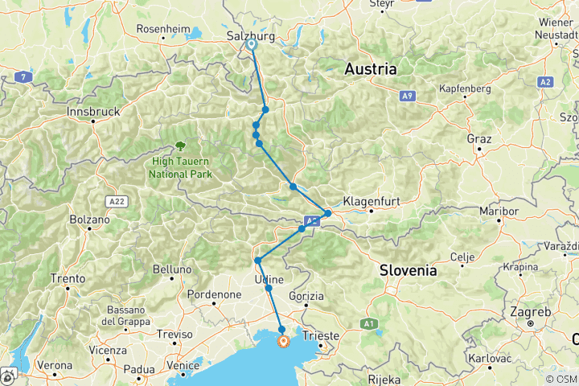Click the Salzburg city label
coord(252,36)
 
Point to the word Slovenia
coord(409,270)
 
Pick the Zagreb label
coord(530,312)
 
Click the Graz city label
coord(478,138)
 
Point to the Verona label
coord(55,365)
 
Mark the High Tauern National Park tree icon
coord(181,146)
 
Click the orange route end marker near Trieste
coord(283,342)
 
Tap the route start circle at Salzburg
coord(252,45)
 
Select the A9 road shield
coord(408,96)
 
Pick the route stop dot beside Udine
coord(269,288)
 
